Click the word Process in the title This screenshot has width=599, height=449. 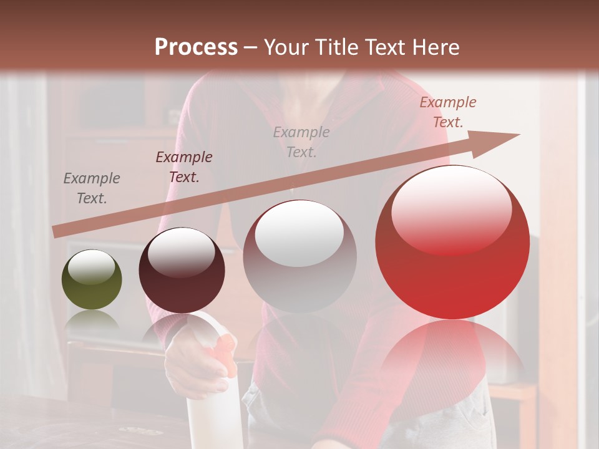[x=196, y=47]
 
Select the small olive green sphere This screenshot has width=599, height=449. [x=92, y=280]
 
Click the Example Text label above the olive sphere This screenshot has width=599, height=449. [x=92, y=188]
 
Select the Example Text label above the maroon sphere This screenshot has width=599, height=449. [x=183, y=167]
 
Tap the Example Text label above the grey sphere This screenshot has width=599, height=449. [x=301, y=142]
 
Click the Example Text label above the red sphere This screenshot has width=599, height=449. [x=447, y=112]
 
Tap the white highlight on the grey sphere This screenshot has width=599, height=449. [x=299, y=232]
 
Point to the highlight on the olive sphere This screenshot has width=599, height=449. [x=91, y=268]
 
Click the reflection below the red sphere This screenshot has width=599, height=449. [x=452, y=349]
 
